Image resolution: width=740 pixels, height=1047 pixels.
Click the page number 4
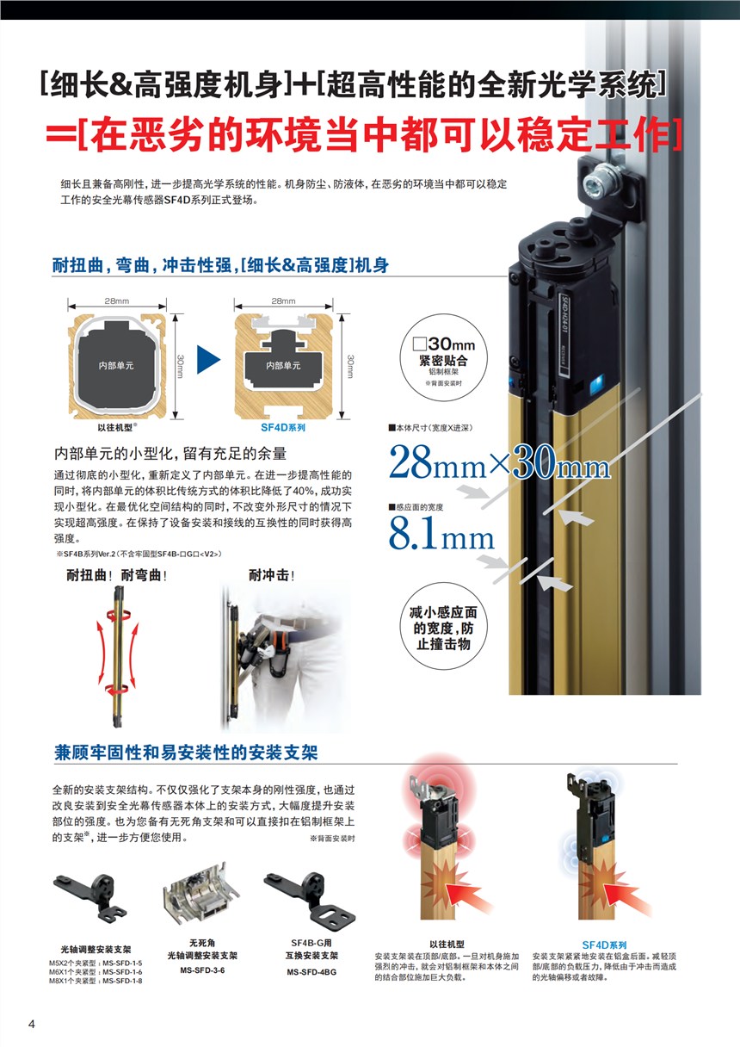(x=32, y=1024)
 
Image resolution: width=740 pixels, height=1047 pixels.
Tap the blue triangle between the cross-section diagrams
(x=207, y=359)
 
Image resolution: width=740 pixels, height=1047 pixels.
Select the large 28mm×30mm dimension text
(x=499, y=462)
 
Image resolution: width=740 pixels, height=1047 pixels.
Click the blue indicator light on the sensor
(x=596, y=385)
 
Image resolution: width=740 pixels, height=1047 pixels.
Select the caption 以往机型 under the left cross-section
(x=115, y=427)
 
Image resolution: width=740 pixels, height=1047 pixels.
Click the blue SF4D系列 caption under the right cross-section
(x=282, y=427)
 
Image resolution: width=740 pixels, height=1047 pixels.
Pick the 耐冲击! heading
(x=271, y=575)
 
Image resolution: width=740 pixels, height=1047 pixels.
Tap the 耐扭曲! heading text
(x=89, y=575)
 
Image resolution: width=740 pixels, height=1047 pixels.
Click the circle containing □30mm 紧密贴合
(x=443, y=358)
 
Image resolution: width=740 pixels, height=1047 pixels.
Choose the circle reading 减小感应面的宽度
(x=443, y=626)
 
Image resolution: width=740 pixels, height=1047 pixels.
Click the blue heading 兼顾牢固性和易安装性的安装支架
(x=186, y=753)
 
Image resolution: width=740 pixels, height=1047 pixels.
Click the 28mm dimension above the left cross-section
(x=117, y=301)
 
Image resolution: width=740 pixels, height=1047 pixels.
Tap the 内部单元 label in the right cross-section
(x=283, y=366)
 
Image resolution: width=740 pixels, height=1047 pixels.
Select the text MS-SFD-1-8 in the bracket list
(x=122, y=981)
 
